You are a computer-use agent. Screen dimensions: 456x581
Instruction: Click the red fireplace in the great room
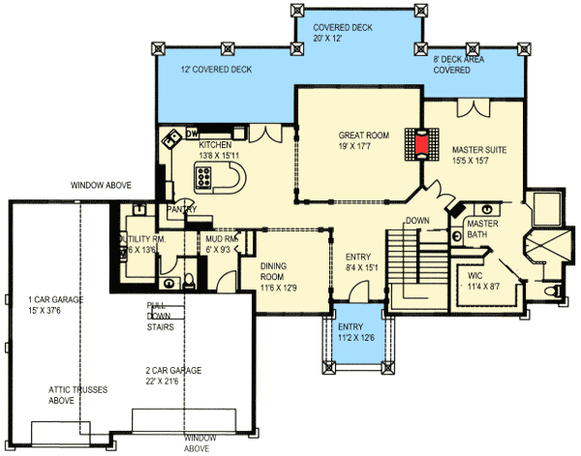click(x=421, y=143)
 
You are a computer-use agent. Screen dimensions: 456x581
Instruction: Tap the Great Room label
click(x=363, y=142)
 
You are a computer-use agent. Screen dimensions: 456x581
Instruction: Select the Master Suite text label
click(x=479, y=156)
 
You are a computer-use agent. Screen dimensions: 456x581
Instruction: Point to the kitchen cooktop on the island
click(x=206, y=176)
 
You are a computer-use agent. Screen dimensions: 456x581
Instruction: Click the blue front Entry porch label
click(x=353, y=331)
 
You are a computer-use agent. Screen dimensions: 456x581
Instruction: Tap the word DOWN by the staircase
click(x=417, y=220)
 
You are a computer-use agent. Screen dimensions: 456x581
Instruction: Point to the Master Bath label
click(x=482, y=229)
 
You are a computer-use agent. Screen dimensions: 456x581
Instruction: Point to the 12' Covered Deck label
click(x=216, y=71)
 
